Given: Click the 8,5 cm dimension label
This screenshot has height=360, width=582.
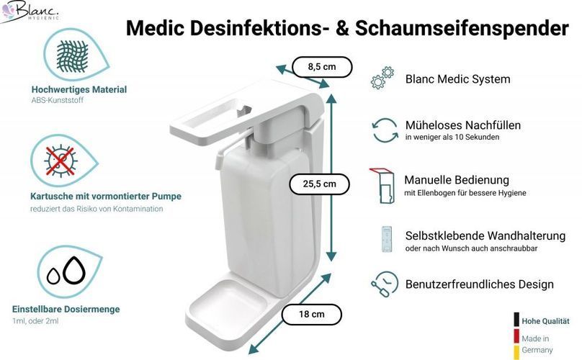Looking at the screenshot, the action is pos(322,67).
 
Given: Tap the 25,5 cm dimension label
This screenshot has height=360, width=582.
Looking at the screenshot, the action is pos(319,184).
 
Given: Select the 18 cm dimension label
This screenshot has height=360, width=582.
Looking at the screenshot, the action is pos(311,315).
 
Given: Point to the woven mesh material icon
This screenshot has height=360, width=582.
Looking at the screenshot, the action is pos(72,56).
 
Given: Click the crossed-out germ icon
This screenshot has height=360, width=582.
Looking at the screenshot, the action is pos(61,161).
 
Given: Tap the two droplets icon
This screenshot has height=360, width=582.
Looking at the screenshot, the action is pos(67,271).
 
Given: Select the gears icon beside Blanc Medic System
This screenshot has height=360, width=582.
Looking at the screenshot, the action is pos(382,78).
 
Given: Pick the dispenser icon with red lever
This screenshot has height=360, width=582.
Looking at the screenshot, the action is pos(382,186).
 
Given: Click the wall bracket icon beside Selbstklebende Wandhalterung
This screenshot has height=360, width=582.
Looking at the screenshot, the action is pos(386,239).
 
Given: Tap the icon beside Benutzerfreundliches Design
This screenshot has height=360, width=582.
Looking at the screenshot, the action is pos(385,284).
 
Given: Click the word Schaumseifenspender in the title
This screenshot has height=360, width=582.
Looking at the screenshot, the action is pos(462,28).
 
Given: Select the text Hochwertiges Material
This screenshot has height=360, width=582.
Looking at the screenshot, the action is pos(79,89).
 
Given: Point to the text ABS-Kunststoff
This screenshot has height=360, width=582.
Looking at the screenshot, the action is pos(58,100).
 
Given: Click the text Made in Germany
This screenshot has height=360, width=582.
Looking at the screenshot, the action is pos(537,344).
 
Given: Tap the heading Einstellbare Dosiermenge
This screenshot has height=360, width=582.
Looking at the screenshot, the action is pos(66,309).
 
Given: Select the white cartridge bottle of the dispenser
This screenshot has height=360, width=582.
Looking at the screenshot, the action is pos(264,218).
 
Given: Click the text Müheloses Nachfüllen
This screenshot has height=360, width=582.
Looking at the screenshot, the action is pos(463,125).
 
